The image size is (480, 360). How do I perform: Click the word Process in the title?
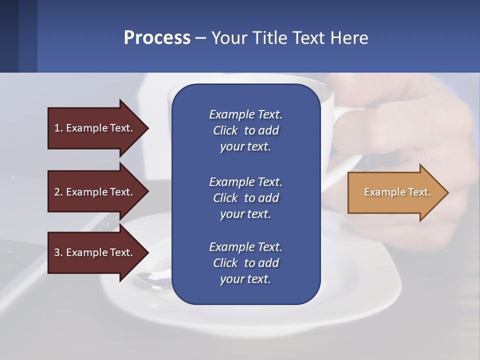coord(157,37)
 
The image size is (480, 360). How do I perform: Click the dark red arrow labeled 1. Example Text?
coord(95,128)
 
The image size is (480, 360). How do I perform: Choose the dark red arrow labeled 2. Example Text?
coord(95,192)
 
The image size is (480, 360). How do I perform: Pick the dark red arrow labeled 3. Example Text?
coord(95,252)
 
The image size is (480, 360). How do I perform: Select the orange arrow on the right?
coord(395,192)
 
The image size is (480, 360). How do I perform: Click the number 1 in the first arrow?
coord(57,128)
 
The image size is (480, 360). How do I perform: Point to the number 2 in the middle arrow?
coord(57,192)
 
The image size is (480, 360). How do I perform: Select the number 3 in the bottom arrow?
coord(57,252)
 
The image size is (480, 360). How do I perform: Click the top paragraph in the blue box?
coord(245,130)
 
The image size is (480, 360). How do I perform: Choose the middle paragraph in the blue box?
coord(245,197)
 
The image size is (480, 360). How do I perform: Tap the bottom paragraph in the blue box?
coord(245,263)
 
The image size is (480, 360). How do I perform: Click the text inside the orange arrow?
coord(397,192)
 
